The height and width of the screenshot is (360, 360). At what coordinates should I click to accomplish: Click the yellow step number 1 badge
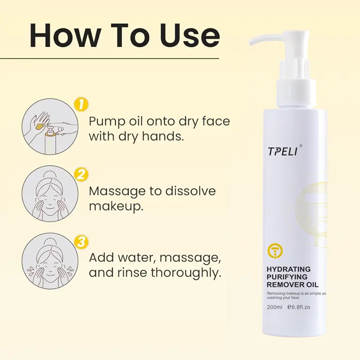point(81,105)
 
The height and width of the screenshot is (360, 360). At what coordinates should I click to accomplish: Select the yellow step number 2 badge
point(81,175)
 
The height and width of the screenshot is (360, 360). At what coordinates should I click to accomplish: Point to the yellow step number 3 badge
point(81,243)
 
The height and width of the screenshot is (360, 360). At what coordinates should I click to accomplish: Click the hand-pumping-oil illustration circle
point(50,126)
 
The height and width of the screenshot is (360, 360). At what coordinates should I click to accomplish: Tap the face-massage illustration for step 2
point(50,194)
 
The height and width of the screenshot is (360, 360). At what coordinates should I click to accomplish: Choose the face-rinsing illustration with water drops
point(50,261)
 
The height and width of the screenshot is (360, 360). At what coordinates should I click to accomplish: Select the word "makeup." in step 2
point(116,207)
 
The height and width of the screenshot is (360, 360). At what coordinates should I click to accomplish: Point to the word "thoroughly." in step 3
point(186,273)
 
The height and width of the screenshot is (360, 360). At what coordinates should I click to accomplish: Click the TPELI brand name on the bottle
point(283,152)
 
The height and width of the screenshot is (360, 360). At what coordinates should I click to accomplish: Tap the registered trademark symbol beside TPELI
point(301,145)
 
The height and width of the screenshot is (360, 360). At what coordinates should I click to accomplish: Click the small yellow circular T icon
point(275,251)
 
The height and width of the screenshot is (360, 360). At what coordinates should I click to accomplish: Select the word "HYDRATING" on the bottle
point(288,269)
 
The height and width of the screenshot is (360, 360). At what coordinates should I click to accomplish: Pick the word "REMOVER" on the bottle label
point(283,285)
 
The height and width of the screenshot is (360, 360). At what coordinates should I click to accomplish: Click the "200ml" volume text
point(274,307)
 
